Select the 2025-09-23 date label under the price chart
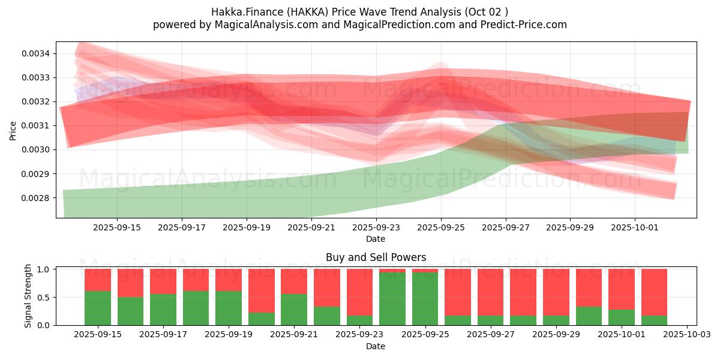point(376,227)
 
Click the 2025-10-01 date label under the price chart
point(635,227)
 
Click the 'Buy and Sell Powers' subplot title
point(376,258)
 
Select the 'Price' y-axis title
point(13,130)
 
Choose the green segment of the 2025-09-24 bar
point(392,299)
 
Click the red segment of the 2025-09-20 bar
point(262,290)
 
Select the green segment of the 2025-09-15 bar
point(98,308)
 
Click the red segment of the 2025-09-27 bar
point(490,292)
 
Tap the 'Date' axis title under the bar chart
point(376,346)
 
